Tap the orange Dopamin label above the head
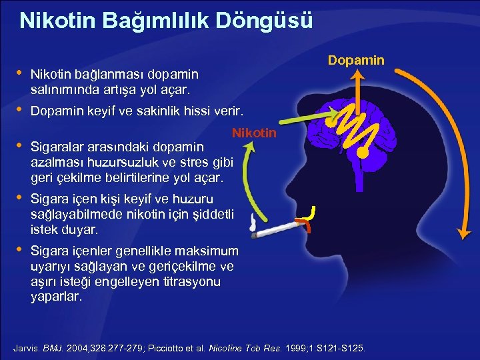(356, 61)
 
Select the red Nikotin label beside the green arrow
(254, 133)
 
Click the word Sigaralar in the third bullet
(57, 145)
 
